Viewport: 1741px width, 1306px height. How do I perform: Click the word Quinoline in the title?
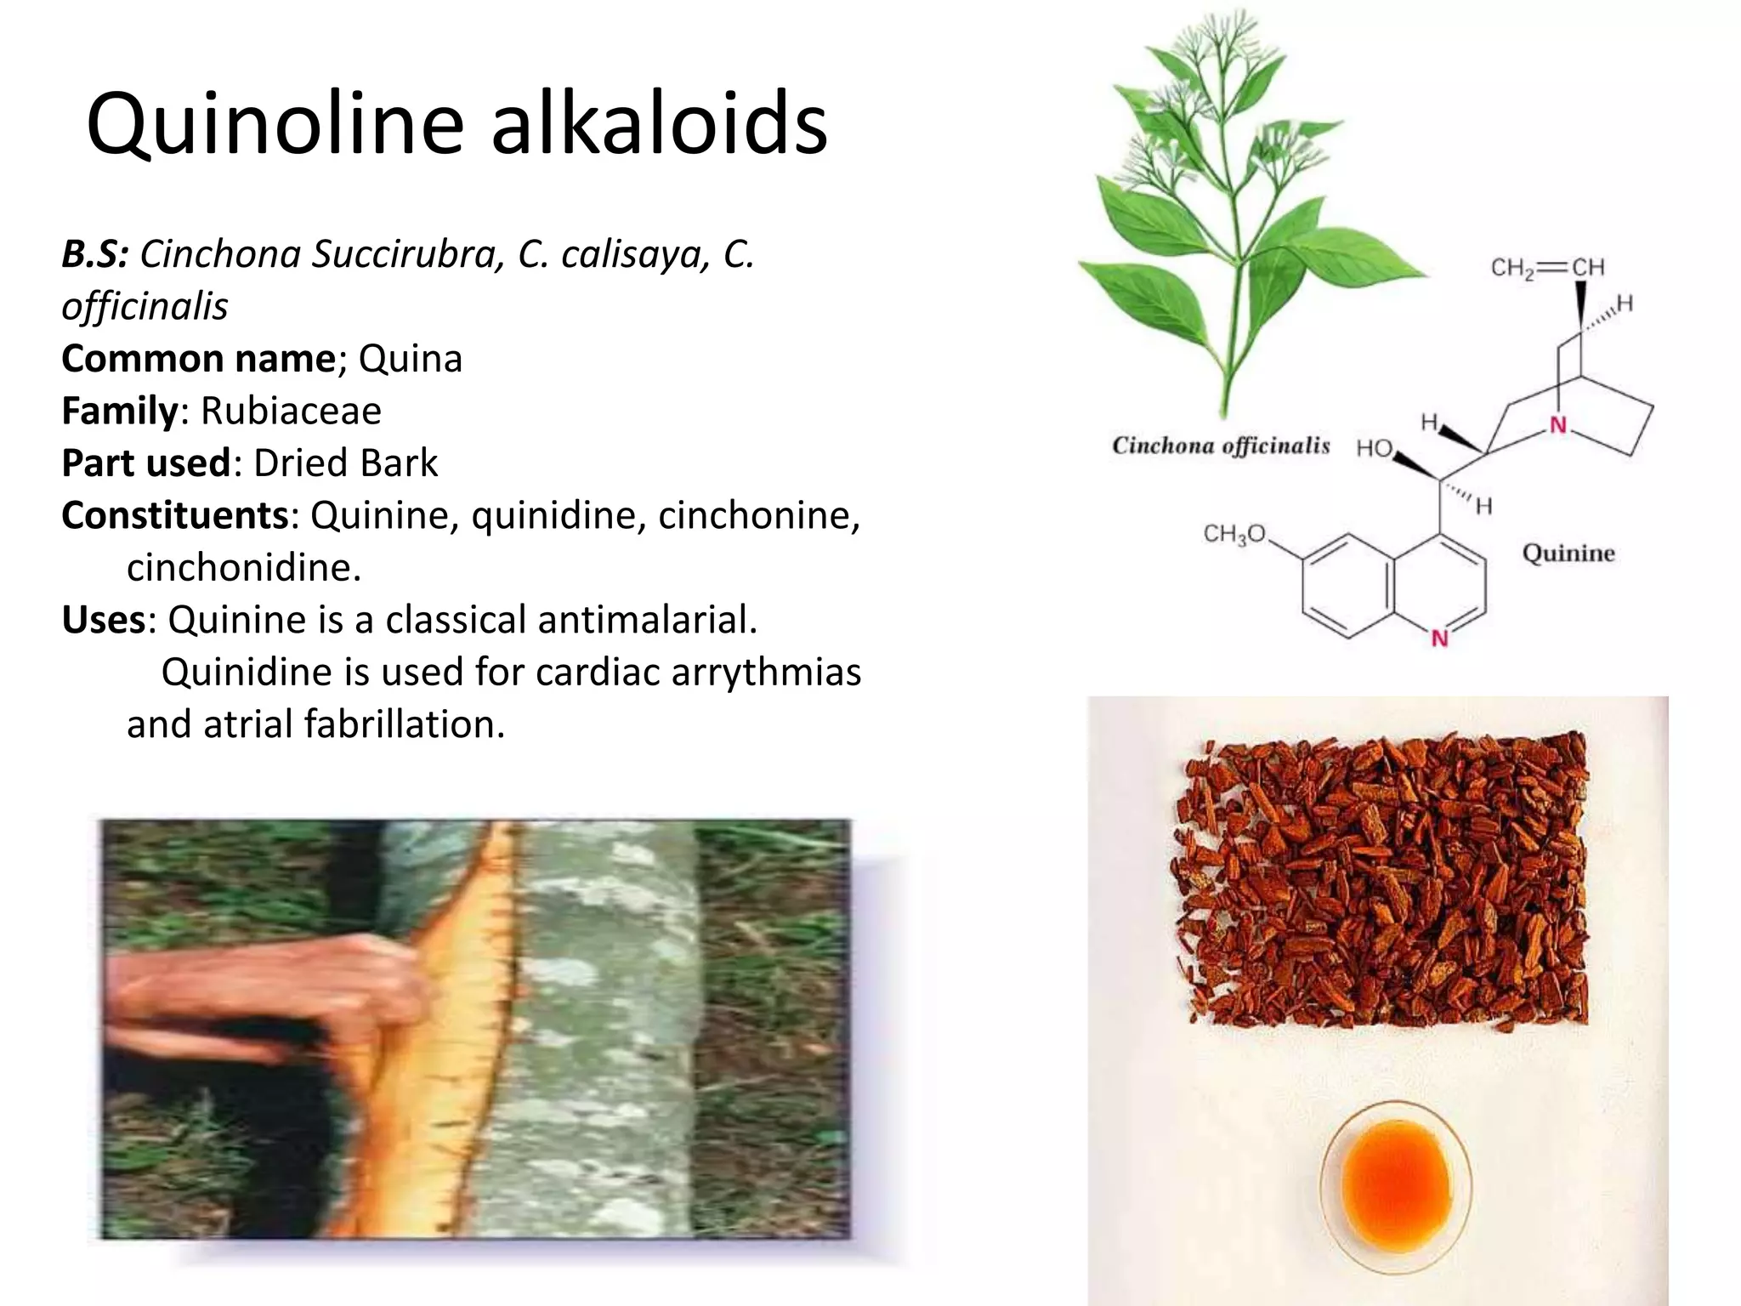[x=275, y=125]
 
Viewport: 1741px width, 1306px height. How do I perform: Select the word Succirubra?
[x=401, y=254]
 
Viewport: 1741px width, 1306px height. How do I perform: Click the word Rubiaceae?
[x=291, y=411]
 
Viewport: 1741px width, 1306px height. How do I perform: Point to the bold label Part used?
[x=145, y=463]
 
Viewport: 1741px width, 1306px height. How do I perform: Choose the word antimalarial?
[x=570, y=620]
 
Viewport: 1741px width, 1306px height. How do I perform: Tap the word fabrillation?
[x=405, y=724]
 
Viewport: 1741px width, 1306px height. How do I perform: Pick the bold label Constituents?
[x=175, y=515]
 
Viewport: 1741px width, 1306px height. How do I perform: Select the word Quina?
[x=410, y=359]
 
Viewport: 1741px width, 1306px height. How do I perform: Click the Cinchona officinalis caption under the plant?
[x=1221, y=446]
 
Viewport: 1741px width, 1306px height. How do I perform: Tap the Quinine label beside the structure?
[x=1568, y=554]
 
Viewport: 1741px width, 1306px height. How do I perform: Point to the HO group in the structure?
[x=1374, y=448]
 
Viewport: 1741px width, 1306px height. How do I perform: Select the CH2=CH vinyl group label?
[x=1547, y=268]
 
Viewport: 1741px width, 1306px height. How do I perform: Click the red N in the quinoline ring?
[x=1439, y=638]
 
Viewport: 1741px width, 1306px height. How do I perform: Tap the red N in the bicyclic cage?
[x=1557, y=425]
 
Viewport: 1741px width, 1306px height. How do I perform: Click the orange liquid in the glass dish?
[x=1395, y=1184]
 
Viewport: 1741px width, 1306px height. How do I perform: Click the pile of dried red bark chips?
[x=1381, y=880]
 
